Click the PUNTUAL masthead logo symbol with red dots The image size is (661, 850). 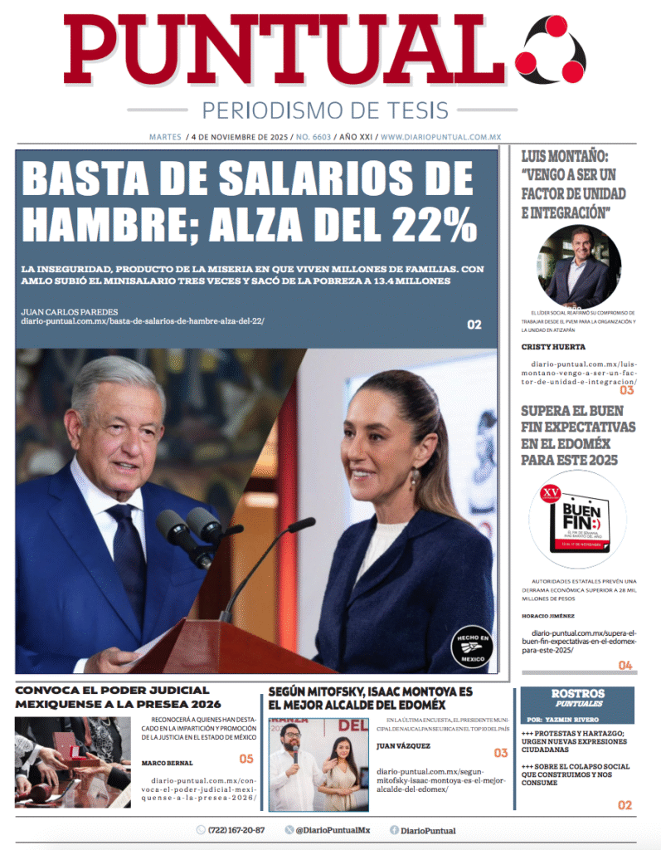click(550, 51)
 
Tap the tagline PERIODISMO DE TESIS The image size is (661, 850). click(325, 110)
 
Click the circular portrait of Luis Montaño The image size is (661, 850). click(579, 266)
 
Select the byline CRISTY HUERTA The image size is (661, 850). click(553, 347)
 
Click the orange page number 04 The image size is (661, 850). click(625, 665)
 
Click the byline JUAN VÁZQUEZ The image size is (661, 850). click(402, 746)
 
